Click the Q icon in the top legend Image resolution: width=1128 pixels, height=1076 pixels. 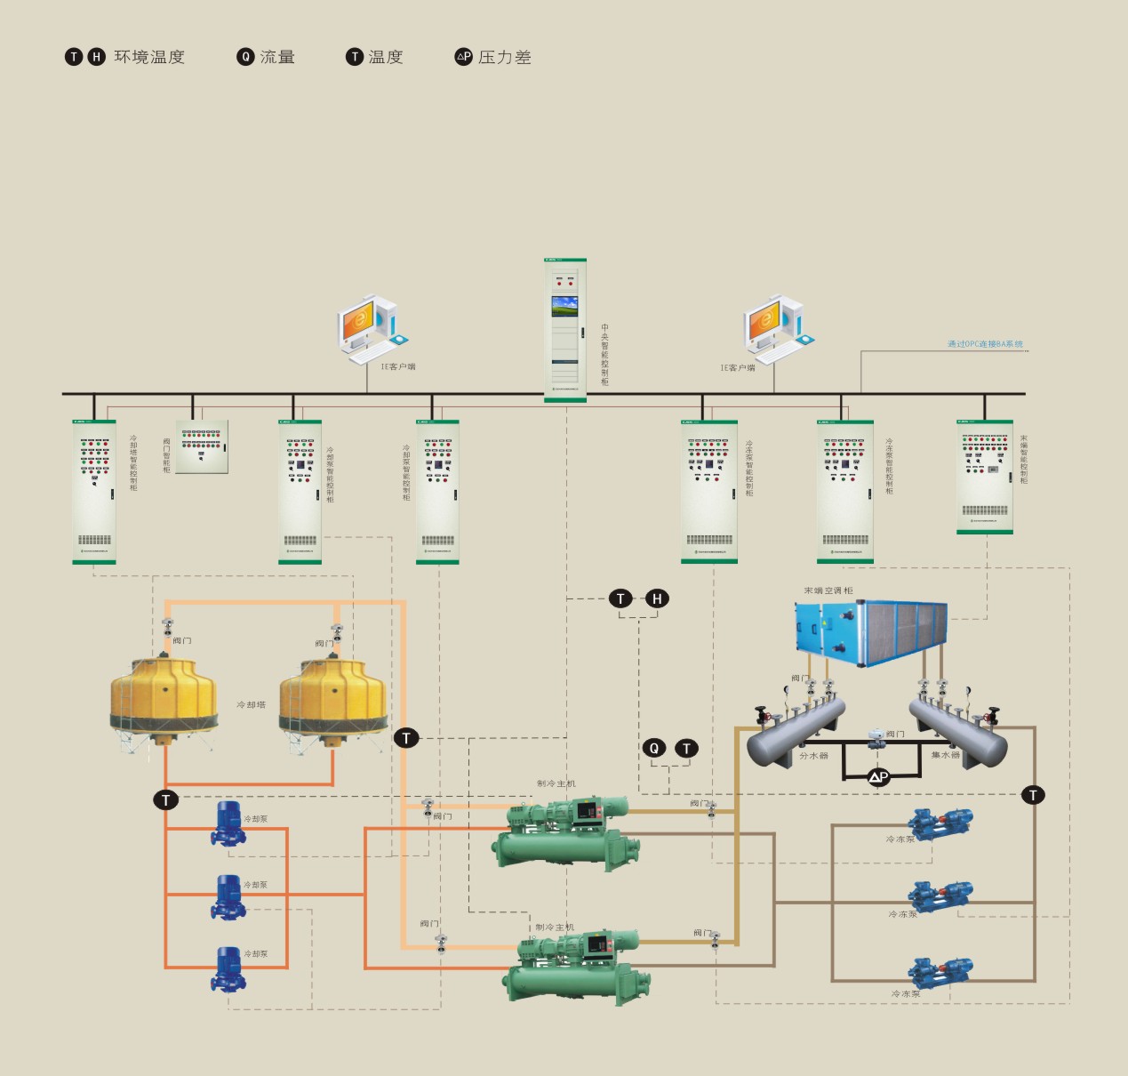tap(245, 57)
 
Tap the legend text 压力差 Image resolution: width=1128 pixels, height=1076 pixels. tap(504, 57)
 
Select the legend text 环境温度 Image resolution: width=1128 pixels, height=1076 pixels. tap(149, 57)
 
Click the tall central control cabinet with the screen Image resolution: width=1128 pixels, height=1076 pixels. tap(565, 330)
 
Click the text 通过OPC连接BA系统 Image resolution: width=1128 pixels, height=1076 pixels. tap(985, 344)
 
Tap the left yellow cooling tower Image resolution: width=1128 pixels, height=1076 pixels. tap(164, 698)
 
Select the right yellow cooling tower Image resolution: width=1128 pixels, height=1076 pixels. tap(332, 698)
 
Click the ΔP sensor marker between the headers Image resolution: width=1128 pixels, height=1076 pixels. tap(878, 777)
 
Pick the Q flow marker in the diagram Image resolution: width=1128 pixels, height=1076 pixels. tap(654, 748)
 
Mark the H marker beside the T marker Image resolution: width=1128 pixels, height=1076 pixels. tap(657, 598)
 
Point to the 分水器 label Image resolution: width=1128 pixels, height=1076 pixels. tap(813, 756)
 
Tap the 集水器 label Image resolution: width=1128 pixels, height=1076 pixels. tap(945, 756)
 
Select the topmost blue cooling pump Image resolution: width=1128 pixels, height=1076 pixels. tap(228, 823)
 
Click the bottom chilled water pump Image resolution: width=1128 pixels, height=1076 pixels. tap(940, 974)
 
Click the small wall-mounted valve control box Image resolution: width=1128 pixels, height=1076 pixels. tap(202, 446)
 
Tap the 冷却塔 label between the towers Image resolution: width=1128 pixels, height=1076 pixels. tap(251, 704)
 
